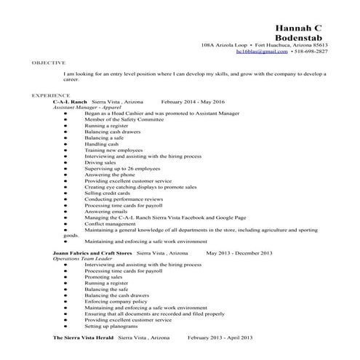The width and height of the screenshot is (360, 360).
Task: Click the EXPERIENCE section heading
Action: pyautogui.click(x=50, y=95)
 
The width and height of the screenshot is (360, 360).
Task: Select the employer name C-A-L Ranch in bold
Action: pyautogui.click(x=70, y=101)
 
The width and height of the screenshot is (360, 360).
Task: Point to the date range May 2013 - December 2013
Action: pyautogui.click(x=239, y=252)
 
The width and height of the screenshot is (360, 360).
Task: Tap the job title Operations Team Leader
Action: pyautogui.click(x=82, y=258)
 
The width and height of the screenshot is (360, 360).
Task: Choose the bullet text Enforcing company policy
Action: pyautogui.click(x=114, y=301)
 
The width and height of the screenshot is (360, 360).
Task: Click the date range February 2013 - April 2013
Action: pyautogui.click(x=220, y=339)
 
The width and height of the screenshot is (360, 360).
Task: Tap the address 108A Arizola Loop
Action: pyautogui.click(x=223, y=45)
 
